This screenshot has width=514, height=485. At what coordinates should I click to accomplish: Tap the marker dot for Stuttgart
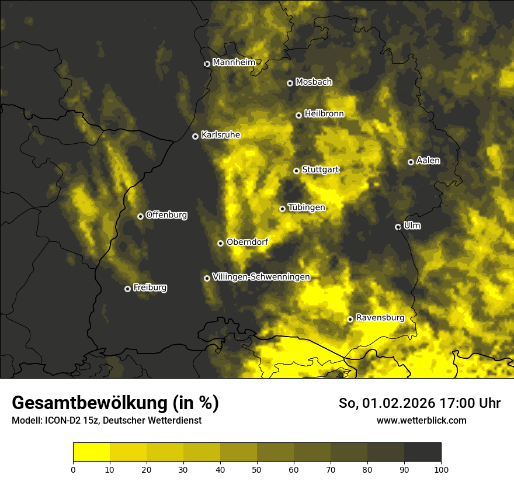pos(296,171)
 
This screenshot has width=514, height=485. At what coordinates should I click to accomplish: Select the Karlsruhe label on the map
pos(220,135)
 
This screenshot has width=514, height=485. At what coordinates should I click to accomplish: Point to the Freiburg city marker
pos(127,289)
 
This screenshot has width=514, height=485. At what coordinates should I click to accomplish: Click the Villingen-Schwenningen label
pos(261,277)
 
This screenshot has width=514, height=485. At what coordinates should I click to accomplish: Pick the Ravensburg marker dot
pos(350,319)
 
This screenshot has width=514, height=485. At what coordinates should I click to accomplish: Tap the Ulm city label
pos(412,226)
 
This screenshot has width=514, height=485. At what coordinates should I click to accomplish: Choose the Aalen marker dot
pos(411,162)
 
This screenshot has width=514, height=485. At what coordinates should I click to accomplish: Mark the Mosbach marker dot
pos(290,83)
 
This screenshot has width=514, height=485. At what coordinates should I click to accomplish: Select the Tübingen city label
pos(306,207)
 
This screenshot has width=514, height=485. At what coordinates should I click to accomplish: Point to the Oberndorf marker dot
pos(220,243)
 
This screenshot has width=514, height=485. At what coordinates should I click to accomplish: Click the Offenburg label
pos(166,215)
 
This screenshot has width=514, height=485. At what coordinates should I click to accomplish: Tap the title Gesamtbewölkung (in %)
pos(115,403)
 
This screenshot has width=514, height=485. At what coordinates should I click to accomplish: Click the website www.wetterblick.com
pos(421,420)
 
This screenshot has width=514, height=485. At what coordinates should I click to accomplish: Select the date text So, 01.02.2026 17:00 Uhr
pos(419,403)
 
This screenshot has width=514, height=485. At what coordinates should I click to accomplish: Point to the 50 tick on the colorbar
pos(257,469)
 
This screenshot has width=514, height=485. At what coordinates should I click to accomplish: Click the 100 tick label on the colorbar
pos(440,469)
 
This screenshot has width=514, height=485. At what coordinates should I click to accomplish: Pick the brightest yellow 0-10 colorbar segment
pos(92,452)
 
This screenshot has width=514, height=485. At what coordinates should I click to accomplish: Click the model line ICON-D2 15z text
pos(106,420)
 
